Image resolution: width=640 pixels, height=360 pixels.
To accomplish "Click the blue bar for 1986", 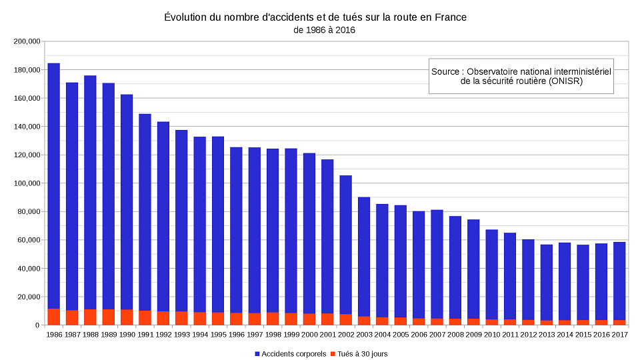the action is click(54, 186).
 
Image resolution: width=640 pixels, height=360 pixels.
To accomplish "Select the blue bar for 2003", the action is click(364, 257).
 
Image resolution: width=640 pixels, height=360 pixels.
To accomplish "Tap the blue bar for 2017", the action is click(619, 281).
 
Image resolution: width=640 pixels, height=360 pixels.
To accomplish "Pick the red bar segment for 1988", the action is click(90, 317).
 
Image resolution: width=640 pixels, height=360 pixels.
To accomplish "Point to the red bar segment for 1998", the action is click(273, 319).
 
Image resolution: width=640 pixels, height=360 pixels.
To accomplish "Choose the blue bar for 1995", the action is click(218, 225).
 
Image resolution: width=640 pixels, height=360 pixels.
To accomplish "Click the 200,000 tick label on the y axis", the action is click(27, 41).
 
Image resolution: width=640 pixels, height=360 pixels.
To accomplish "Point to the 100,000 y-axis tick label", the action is click(27, 183).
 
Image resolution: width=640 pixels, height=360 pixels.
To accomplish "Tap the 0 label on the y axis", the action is click(37, 325).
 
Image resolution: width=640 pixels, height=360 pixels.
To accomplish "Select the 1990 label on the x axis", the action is click(127, 335).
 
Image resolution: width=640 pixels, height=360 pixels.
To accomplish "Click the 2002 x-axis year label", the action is click(346, 335).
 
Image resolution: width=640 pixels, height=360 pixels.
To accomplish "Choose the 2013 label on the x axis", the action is click(547, 335).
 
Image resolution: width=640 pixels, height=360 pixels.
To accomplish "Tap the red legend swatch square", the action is click(333, 354).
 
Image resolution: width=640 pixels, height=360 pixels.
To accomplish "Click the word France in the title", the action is click(451, 17).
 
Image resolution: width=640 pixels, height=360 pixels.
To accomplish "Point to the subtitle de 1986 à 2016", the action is click(325, 30).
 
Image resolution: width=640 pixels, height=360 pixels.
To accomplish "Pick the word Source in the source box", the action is click(445, 71).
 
